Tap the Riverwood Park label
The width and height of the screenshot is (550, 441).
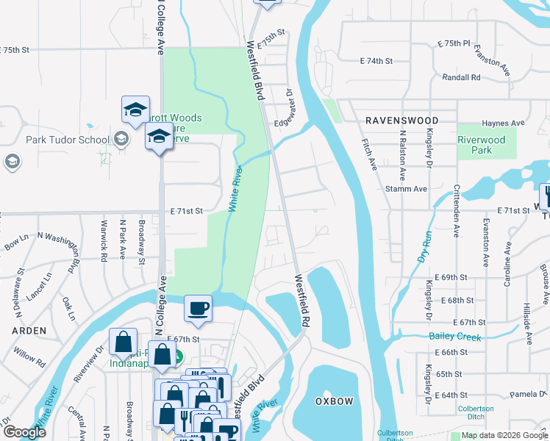tap(482, 145)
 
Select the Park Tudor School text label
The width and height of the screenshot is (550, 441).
tap(68, 140)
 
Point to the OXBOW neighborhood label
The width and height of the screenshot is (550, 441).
tap(335, 401)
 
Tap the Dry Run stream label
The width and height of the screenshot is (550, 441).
tap(424, 247)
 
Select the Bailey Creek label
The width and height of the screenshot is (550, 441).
tap(454, 337)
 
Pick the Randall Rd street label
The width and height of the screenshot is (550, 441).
tap(461, 77)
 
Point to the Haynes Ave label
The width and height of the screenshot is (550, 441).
tap(503, 123)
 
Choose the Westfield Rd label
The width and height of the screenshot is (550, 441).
tap(302, 301)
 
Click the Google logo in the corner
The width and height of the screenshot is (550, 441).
tap(24, 432)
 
